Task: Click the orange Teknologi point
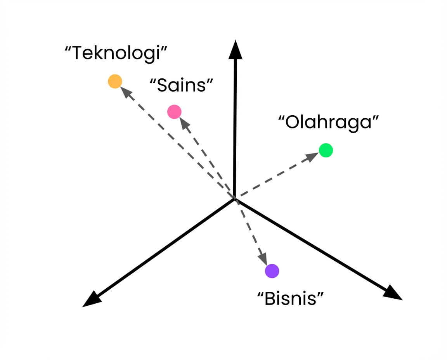click(x=115, y=81)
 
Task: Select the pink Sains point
click(x=174, y=112)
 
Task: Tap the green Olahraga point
click(x=326, y=150)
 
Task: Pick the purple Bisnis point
click(x=272, y=271)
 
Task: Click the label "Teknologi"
click(x=116, y=53)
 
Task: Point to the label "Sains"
click(x=181, y=85)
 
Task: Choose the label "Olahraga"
click(x=328, y=122)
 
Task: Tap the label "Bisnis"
click(x=291, y=298)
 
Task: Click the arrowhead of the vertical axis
click(x=236, y=50)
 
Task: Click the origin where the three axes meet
click(x=235, y=199)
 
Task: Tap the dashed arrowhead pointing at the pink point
click(x=184, y=123)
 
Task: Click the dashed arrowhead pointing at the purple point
click(x=263, y=258)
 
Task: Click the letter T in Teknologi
click(x=79, y=53)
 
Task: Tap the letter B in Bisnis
click(x=270, y=299)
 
